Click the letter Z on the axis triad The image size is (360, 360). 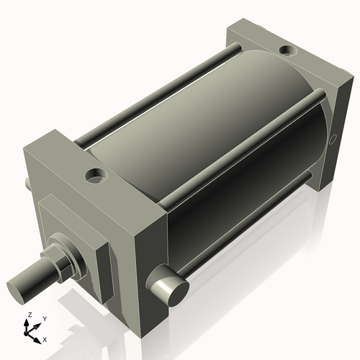29,315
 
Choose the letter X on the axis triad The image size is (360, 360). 45,338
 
